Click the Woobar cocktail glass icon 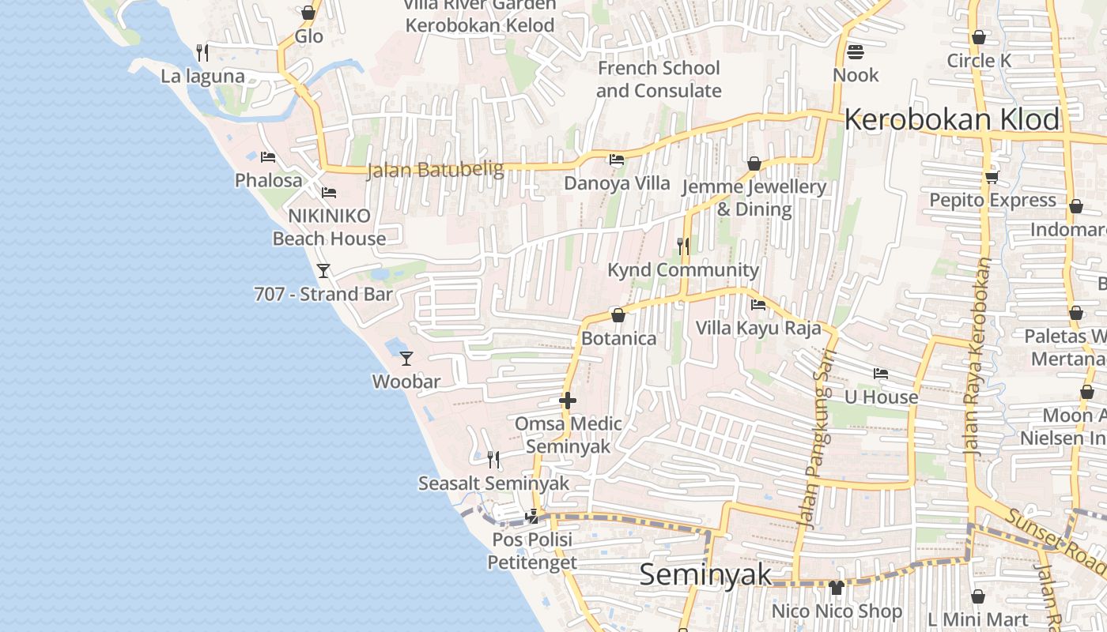[406, 358]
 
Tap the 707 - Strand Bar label [323, 294]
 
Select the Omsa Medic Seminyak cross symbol [568, 401]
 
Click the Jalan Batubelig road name [435, 170]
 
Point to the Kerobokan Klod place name [952, 120]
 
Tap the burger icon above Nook [856, 52]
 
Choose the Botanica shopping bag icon [618, 315]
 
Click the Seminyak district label [705, 574]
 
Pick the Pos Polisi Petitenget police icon [532, 517]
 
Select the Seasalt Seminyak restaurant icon [493, 459]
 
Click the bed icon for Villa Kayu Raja [758, 304]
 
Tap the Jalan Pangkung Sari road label [818, 438]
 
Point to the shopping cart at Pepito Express [992, 177]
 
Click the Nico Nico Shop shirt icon [837, 587]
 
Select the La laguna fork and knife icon [202, 53]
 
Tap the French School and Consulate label [659, 79]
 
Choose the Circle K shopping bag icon [979, 37]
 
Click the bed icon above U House [881, 373]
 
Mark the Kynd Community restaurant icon [683, 246]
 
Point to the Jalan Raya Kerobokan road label [978, 355]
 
